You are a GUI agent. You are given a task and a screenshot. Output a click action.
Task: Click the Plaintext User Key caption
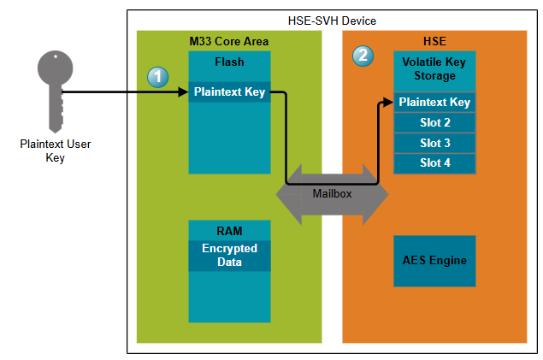click(55, 150)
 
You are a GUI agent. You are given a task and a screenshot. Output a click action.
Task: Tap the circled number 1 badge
click(156, 77)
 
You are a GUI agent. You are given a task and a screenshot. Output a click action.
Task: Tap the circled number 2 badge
click(363, 56)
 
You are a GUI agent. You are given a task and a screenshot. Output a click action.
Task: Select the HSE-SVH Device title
click(332, 21)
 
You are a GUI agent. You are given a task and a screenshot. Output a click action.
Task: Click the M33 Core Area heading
click(228, 42)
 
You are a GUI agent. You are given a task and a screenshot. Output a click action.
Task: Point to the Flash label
click(229, 62)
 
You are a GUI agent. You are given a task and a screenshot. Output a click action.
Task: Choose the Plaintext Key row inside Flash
click(229, 91)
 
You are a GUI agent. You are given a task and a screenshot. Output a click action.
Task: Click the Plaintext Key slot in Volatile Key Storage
click(434, 103)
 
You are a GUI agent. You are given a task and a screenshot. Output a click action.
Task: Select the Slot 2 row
click(434, 122)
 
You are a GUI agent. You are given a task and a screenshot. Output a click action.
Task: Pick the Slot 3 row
click(434, 142)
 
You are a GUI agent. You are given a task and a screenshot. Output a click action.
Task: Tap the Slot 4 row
click(434, 162)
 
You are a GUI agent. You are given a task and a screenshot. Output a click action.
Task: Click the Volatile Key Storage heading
click(434, 69)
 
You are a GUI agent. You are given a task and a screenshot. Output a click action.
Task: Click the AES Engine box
click(434, 260)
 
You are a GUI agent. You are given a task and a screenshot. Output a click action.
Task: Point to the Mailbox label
click(332, 194)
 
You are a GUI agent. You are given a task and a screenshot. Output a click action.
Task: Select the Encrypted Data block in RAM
click(229, 255)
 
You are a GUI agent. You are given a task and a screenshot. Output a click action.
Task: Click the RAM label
click(229, 230)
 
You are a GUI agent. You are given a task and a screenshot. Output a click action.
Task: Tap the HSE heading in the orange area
click(434, 42)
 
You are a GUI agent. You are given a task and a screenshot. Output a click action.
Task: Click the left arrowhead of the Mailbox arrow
click(287, 193)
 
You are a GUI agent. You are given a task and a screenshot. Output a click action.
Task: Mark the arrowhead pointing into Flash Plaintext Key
click(183, 91)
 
